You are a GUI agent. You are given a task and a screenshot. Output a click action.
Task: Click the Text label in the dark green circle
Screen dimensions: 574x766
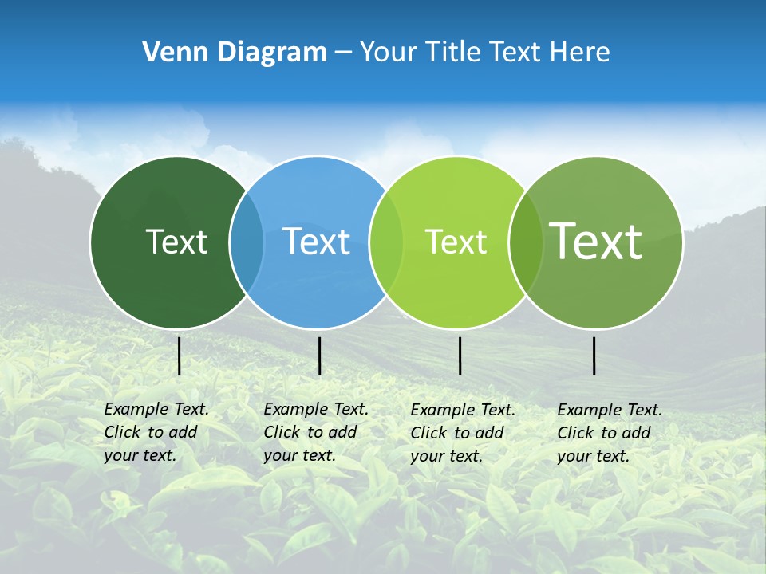click(176, 242)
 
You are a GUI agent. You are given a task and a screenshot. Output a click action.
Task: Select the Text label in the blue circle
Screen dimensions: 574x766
click(317, 242)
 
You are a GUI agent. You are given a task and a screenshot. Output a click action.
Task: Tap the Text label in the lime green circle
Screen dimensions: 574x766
click(456, 242)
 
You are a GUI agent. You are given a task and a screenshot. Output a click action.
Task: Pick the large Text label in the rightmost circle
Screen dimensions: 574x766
click(596, 241)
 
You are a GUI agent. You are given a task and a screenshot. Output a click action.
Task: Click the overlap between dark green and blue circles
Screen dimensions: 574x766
click(247, 242)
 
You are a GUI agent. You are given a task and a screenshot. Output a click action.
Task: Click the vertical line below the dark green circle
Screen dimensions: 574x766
click(179, 356)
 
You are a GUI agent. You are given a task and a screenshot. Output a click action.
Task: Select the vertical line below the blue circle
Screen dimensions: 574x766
click(319, 356)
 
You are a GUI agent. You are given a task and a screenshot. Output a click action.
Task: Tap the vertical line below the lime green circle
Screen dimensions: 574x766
click(460, 356)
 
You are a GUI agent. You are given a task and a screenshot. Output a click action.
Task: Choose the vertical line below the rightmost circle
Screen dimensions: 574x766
click(594, 356)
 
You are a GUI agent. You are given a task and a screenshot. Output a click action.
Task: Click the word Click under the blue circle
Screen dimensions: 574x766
click(282, 432)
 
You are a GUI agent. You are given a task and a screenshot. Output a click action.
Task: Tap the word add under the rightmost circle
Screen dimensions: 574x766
click(637, 433)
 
